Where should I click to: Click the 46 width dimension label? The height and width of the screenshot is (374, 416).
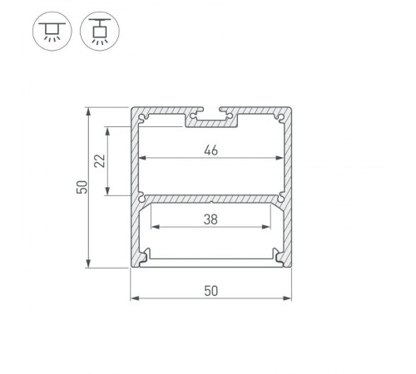211,150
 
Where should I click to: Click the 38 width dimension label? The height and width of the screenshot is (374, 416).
210,219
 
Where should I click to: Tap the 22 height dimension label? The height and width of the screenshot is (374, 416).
100,160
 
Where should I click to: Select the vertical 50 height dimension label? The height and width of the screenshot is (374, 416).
82,187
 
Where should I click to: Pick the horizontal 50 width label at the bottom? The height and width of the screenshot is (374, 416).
211,291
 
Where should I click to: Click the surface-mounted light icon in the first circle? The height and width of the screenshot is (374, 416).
52,31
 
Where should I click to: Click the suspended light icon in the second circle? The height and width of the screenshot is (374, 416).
100,31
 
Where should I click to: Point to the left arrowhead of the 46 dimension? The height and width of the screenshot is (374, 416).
142,158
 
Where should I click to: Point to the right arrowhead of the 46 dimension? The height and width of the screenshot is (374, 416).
280,158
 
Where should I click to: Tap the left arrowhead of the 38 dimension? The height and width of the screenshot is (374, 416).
156,227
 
